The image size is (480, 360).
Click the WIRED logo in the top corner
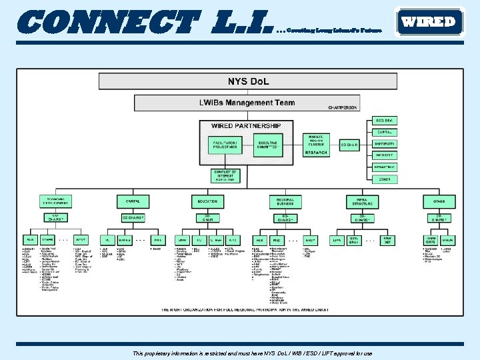point(429,21)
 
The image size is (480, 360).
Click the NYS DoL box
point(248,82)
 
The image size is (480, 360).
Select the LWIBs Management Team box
point(247,103)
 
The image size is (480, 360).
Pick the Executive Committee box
point(269,145)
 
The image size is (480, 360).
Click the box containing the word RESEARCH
point(316,153)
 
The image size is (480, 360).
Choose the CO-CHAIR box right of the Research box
point(349,144)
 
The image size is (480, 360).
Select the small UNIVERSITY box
point(384,143)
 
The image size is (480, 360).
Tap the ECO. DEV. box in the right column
point(384,121)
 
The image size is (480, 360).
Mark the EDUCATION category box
point(206,201)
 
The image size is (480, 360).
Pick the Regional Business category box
point(285,201)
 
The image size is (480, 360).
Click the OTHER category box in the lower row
point(439,201)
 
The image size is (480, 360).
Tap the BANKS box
point(125,239)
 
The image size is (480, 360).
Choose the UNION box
point(447,239)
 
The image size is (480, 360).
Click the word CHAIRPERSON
point(343,107)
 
